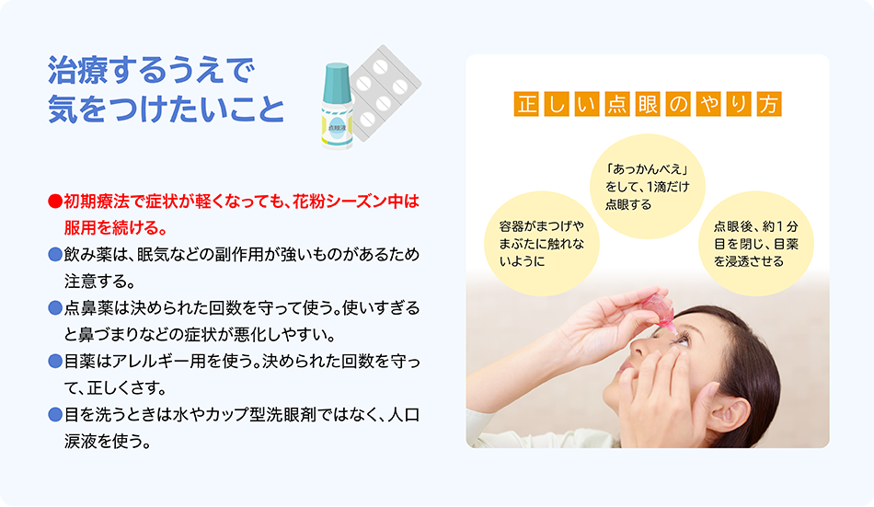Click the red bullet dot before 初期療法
(x=54, y=201)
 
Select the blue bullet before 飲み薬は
(x=54, y=254)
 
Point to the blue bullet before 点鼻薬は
(x=54, y=308)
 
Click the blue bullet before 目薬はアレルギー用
(x=54, y=362)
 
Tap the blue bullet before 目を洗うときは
(x=54, y=415)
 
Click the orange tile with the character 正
(x=526, y=104)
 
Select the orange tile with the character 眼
(x=648, y=104)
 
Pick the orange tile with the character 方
(x=769, y=104)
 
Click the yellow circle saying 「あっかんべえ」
(x=647, y=187)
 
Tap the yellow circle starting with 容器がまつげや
(x=541, y=244)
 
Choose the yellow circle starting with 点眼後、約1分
(x=756, y=244)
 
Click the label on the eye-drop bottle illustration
(x=337, y=128)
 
